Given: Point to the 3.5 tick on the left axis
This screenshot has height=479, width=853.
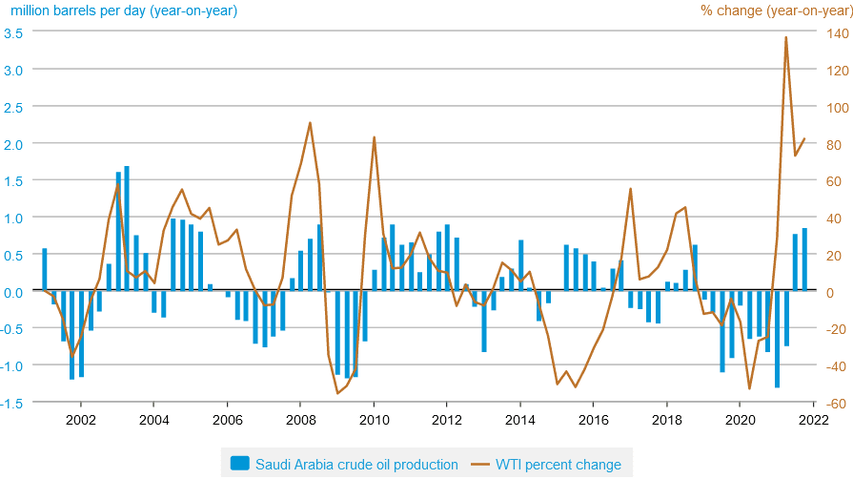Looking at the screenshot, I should coord(13,32).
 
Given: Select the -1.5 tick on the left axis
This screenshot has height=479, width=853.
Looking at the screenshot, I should coord(13,403).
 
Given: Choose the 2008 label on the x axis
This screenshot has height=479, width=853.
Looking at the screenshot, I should coord(300,419).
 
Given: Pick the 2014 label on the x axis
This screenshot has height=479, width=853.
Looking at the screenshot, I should coord(520,419).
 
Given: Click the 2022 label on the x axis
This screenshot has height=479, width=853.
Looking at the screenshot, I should coord(813,419).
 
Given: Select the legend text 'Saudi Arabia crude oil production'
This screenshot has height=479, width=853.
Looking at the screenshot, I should coord(356,465).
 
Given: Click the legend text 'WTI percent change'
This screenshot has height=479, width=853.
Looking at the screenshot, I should coord(558,465).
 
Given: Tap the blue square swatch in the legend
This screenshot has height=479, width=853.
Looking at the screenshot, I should coord(239,465).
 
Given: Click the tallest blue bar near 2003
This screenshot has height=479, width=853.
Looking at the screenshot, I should coord(127,229).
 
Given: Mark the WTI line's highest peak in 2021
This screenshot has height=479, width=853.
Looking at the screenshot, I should coord(785,37).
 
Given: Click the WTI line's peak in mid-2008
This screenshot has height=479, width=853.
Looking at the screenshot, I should coord(310,122).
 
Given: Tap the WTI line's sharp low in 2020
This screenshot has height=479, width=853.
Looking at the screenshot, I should coord(749,388).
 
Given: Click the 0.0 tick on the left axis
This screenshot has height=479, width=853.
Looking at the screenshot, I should coord(13,291).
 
